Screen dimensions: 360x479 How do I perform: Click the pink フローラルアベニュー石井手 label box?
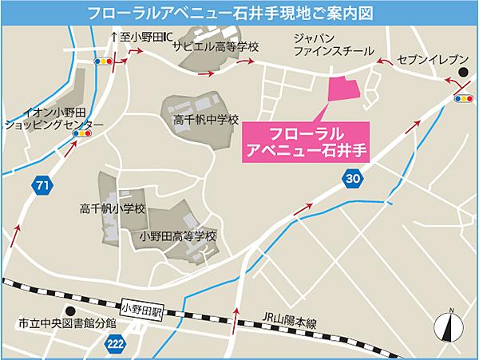pyautogui.click(x=306, y=142)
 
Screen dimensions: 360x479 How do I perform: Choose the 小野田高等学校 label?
pyautogui.click(x=177, y=236)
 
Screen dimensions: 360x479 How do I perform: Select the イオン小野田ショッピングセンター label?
pyautogui.click(x=54, y=118)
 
